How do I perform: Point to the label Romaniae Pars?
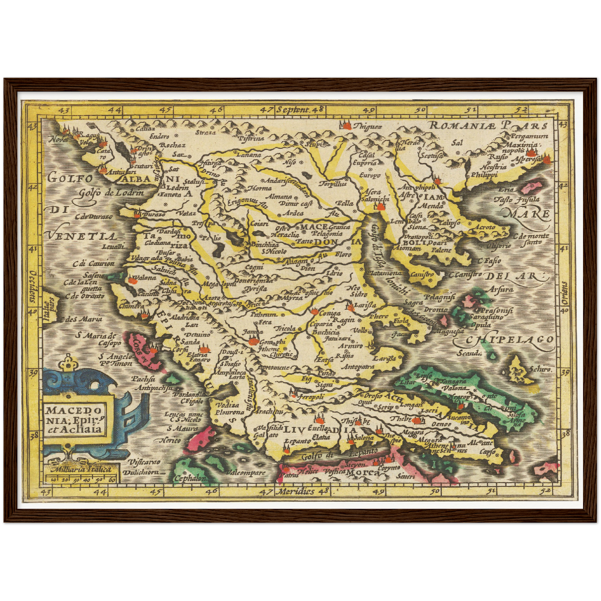487,125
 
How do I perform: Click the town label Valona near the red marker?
145,277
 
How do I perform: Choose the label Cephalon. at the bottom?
190,478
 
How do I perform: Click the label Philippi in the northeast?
484,175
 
